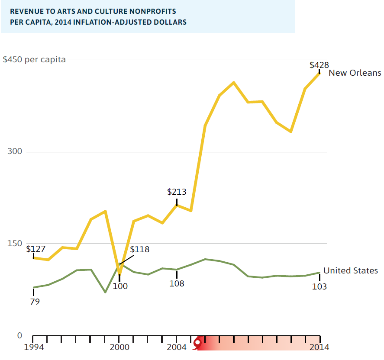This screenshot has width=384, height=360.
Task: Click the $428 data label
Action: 319,65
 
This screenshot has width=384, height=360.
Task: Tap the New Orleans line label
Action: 355,73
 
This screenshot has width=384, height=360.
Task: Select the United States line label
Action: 351,270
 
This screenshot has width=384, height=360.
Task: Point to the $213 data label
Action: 177,192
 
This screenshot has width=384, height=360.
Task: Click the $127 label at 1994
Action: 35,249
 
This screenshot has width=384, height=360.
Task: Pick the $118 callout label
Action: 139,250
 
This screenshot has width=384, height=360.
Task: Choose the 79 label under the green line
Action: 35,302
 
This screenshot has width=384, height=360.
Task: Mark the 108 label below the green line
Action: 177,284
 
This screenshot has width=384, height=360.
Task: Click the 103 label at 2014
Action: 319,286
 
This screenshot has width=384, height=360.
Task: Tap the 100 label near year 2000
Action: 120,286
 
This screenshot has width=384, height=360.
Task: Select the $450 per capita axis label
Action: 34,60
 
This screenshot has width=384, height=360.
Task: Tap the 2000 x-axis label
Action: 119,347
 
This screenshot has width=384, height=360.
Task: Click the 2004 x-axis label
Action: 177,347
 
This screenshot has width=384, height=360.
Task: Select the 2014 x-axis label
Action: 319,347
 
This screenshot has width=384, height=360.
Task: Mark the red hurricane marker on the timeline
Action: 198,343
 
